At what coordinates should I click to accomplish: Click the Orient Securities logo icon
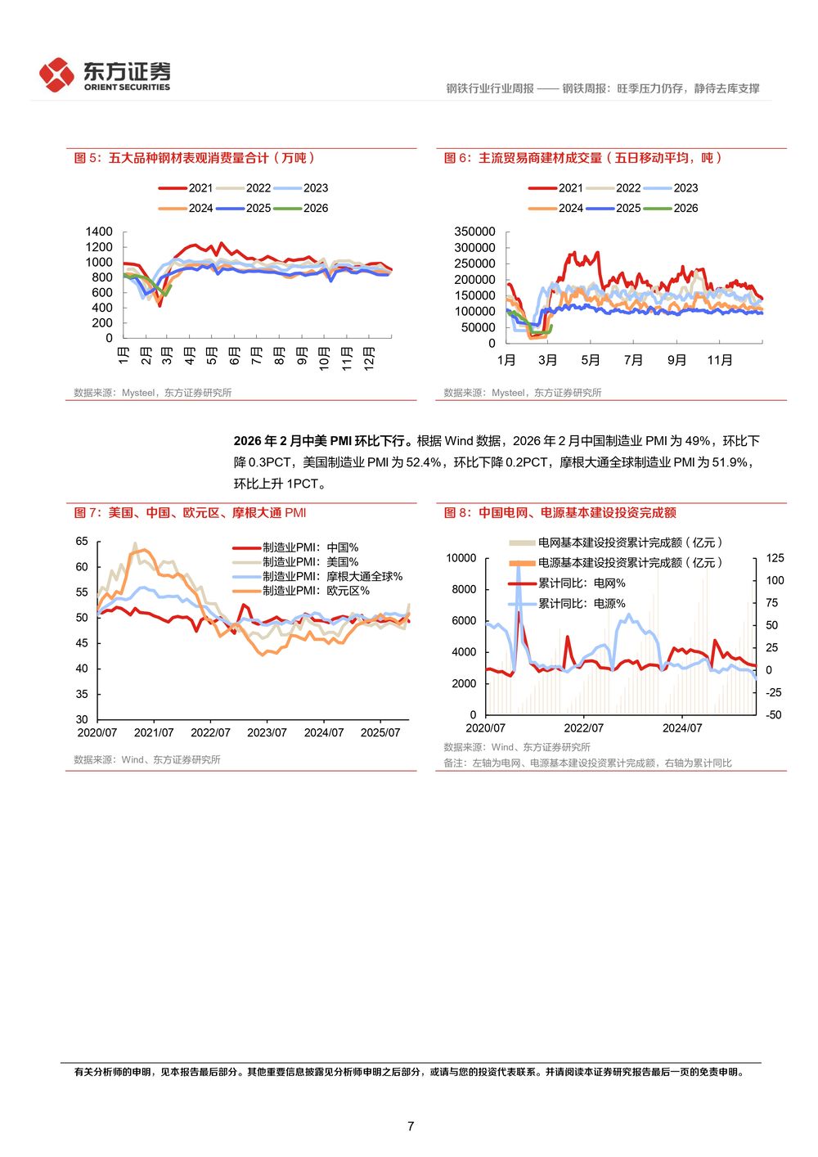pyautogui.click(x=56, y=75)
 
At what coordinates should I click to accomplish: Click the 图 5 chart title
pyautogui.click(x=194, y=158)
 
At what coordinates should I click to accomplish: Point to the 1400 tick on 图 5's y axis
pyautogui.click(x=99, y=232)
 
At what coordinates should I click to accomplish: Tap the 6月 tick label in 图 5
pyautogui.click(x=234, y=357)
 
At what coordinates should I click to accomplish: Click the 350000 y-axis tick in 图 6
pyautogui.click(x=475, y=232)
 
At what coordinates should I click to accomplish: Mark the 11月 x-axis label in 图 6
pyautogui.click(x=720, y=360)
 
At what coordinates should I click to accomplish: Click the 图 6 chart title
pyautogui.click(x=582, y=158)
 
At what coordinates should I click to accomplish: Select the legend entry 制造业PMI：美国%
pyautogui.click(x=310, y=562)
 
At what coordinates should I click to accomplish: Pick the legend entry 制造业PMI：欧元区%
pyautogui.click(x=316, y=591)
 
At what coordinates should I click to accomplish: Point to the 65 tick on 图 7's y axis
pyautogui.click(x=82, y=541)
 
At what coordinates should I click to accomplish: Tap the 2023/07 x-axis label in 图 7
pyautogui.click(x=267, y=732)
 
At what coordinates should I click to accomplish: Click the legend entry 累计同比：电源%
pyautogui.click(x=581, y=604)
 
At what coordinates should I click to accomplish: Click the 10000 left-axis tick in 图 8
pyautogui.click(x=461, y=558)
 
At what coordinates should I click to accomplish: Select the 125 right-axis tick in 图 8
pyautogui.click(x=775, y=558)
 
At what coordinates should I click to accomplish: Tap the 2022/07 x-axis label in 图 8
pyautogui.click(x=583, y=727)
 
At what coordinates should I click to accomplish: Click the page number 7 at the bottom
pyautogui.click(x=410, y=1126)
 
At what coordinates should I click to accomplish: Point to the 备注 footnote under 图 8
pyautogui.click(x=587, y=763)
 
